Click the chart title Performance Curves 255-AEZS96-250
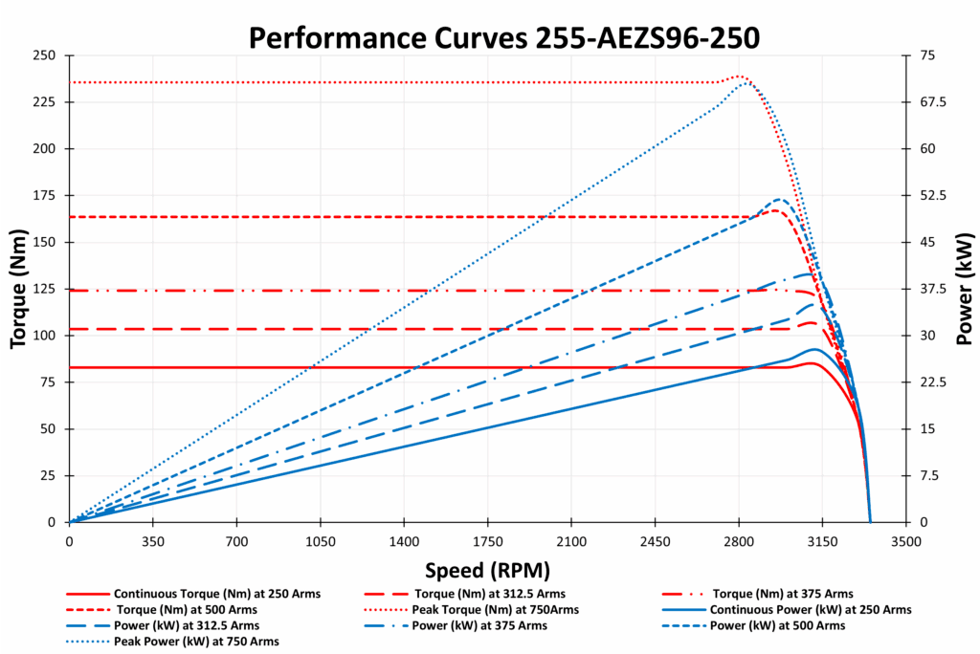click(489, 37)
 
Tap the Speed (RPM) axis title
click(487, 571)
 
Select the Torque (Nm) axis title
click(18, 288)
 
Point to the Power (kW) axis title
click(965, 288)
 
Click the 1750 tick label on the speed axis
click(487, 540)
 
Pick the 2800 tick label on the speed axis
click(738, 540)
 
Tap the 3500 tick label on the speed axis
click(905, 540)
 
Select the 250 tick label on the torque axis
click(44, 55)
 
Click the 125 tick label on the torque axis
click(44, 289)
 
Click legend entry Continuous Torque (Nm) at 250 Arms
click(216, 594)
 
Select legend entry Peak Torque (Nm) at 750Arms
click(495, 610)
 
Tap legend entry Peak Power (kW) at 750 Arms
click(202, 641)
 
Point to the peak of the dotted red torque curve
click(740, 76)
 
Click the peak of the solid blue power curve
click(814, 349)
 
